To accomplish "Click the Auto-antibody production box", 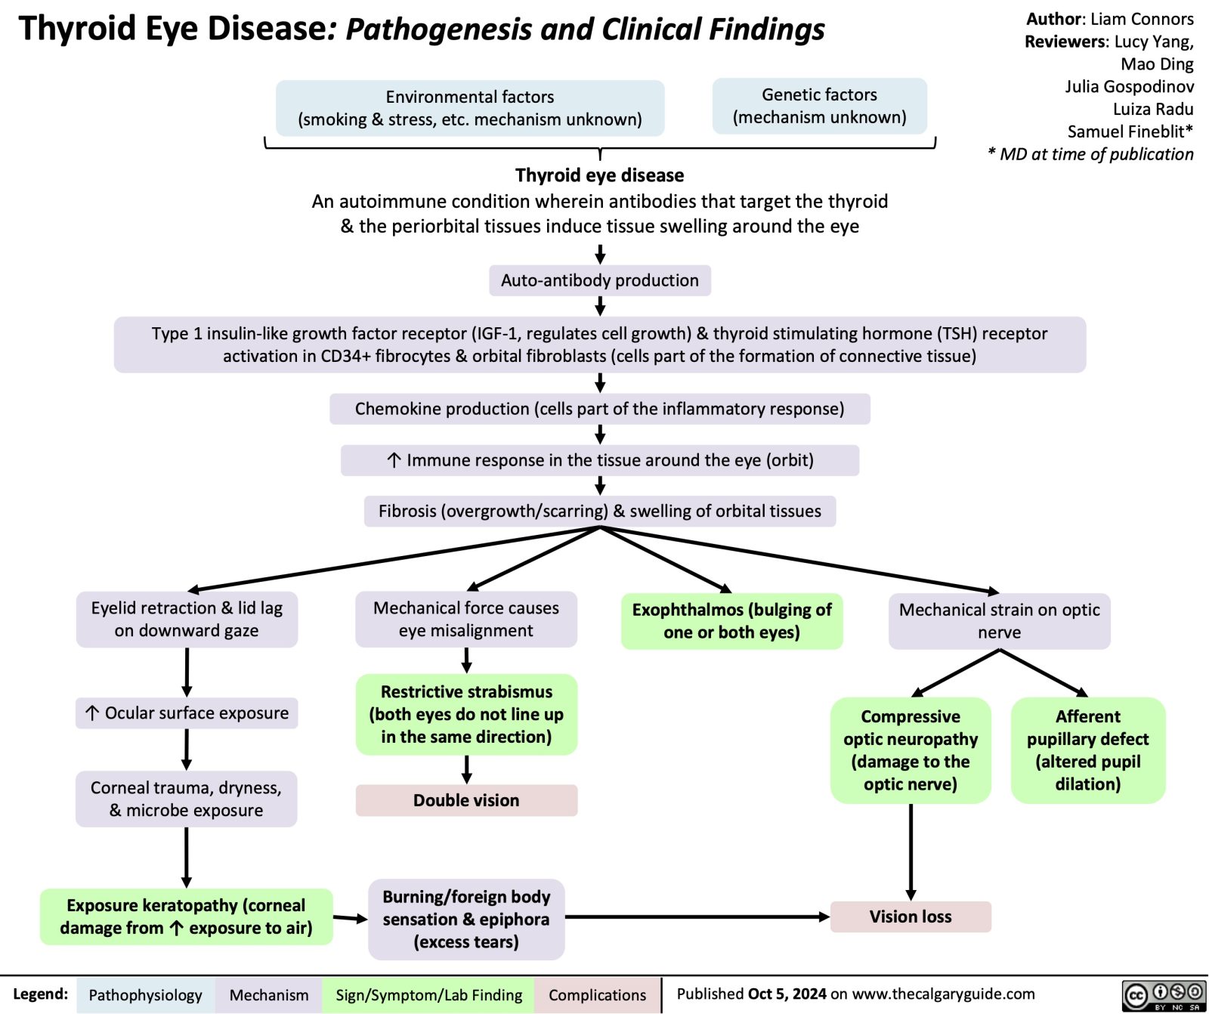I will [599, 280].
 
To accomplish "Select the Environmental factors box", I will [469, 108].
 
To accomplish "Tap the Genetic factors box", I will [819, 106].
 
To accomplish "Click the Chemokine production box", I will [599, 409].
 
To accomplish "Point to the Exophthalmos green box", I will [731, 621].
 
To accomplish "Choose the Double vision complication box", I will [466, 800].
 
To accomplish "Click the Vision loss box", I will [911, 917].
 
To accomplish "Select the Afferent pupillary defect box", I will [1087, 750].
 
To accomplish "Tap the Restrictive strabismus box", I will [466, 714].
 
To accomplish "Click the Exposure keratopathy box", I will [186, 917].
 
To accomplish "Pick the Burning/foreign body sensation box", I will [466, 919].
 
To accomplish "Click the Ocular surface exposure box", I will [187, 713].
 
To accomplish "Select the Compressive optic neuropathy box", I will [911, 750].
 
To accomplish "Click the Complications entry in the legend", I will [597, 995].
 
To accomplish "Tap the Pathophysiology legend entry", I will [145, 995].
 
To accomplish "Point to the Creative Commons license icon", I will [1164, 994].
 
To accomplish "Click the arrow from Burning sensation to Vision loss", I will [695, 917].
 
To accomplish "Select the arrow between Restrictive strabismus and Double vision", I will [467, 769].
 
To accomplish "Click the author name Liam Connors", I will [1142, 19].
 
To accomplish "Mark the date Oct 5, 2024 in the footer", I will [787, 994].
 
